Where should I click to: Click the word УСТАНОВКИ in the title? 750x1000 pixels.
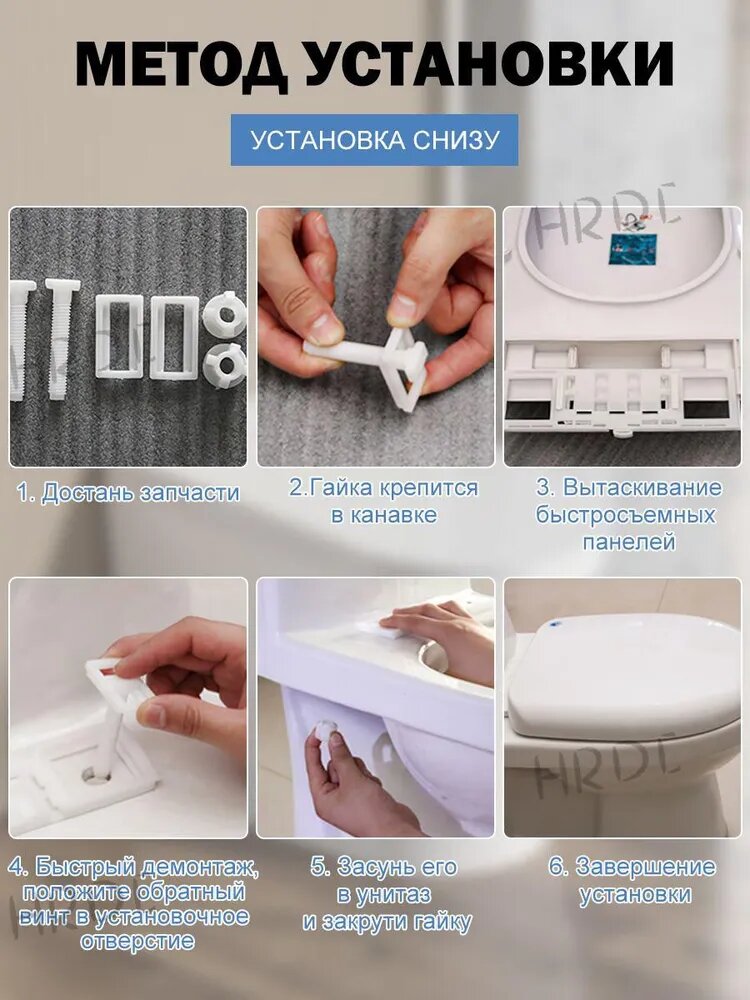[x=490, y=64]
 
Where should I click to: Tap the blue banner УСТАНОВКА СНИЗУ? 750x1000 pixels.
[x=374, y=140]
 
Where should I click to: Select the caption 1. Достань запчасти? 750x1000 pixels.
[x=128, y=493]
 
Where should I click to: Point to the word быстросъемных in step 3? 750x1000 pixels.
[x=626, y=515]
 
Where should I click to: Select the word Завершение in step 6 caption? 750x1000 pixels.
[x=645, y=867]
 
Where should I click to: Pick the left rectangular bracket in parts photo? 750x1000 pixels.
[x=119, y=336]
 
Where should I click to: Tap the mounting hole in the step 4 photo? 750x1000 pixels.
[x=96, y=775]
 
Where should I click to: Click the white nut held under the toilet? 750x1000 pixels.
[x=328, y=732]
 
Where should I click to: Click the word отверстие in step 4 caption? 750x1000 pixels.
[x=137, y=941]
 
